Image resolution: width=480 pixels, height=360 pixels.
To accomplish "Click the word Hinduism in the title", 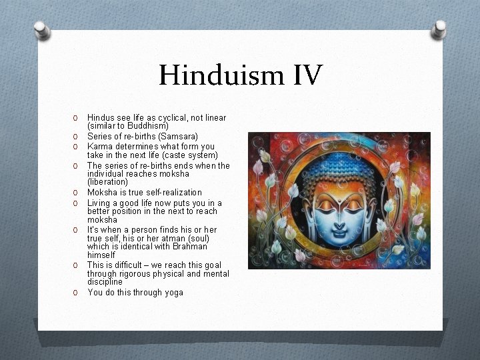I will (213, 75).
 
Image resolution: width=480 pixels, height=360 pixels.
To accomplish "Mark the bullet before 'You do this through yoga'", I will (77, 293).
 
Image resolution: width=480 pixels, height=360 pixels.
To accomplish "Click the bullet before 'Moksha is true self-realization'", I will (77, 193).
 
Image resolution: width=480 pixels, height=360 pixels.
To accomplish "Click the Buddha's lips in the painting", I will (339, 227).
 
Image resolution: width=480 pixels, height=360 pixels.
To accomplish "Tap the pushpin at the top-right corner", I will (439, 28).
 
